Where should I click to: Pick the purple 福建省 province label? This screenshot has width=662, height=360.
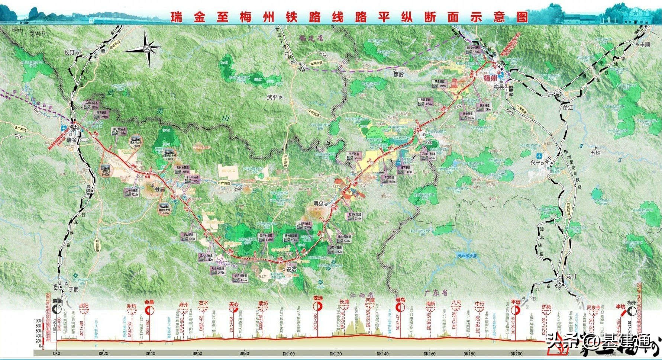311,38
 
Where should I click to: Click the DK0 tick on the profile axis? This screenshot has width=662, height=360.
56,354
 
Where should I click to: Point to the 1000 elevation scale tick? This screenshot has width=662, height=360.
38,320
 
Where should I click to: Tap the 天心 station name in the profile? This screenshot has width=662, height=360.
233,304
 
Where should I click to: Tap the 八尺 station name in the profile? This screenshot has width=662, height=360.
456,303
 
